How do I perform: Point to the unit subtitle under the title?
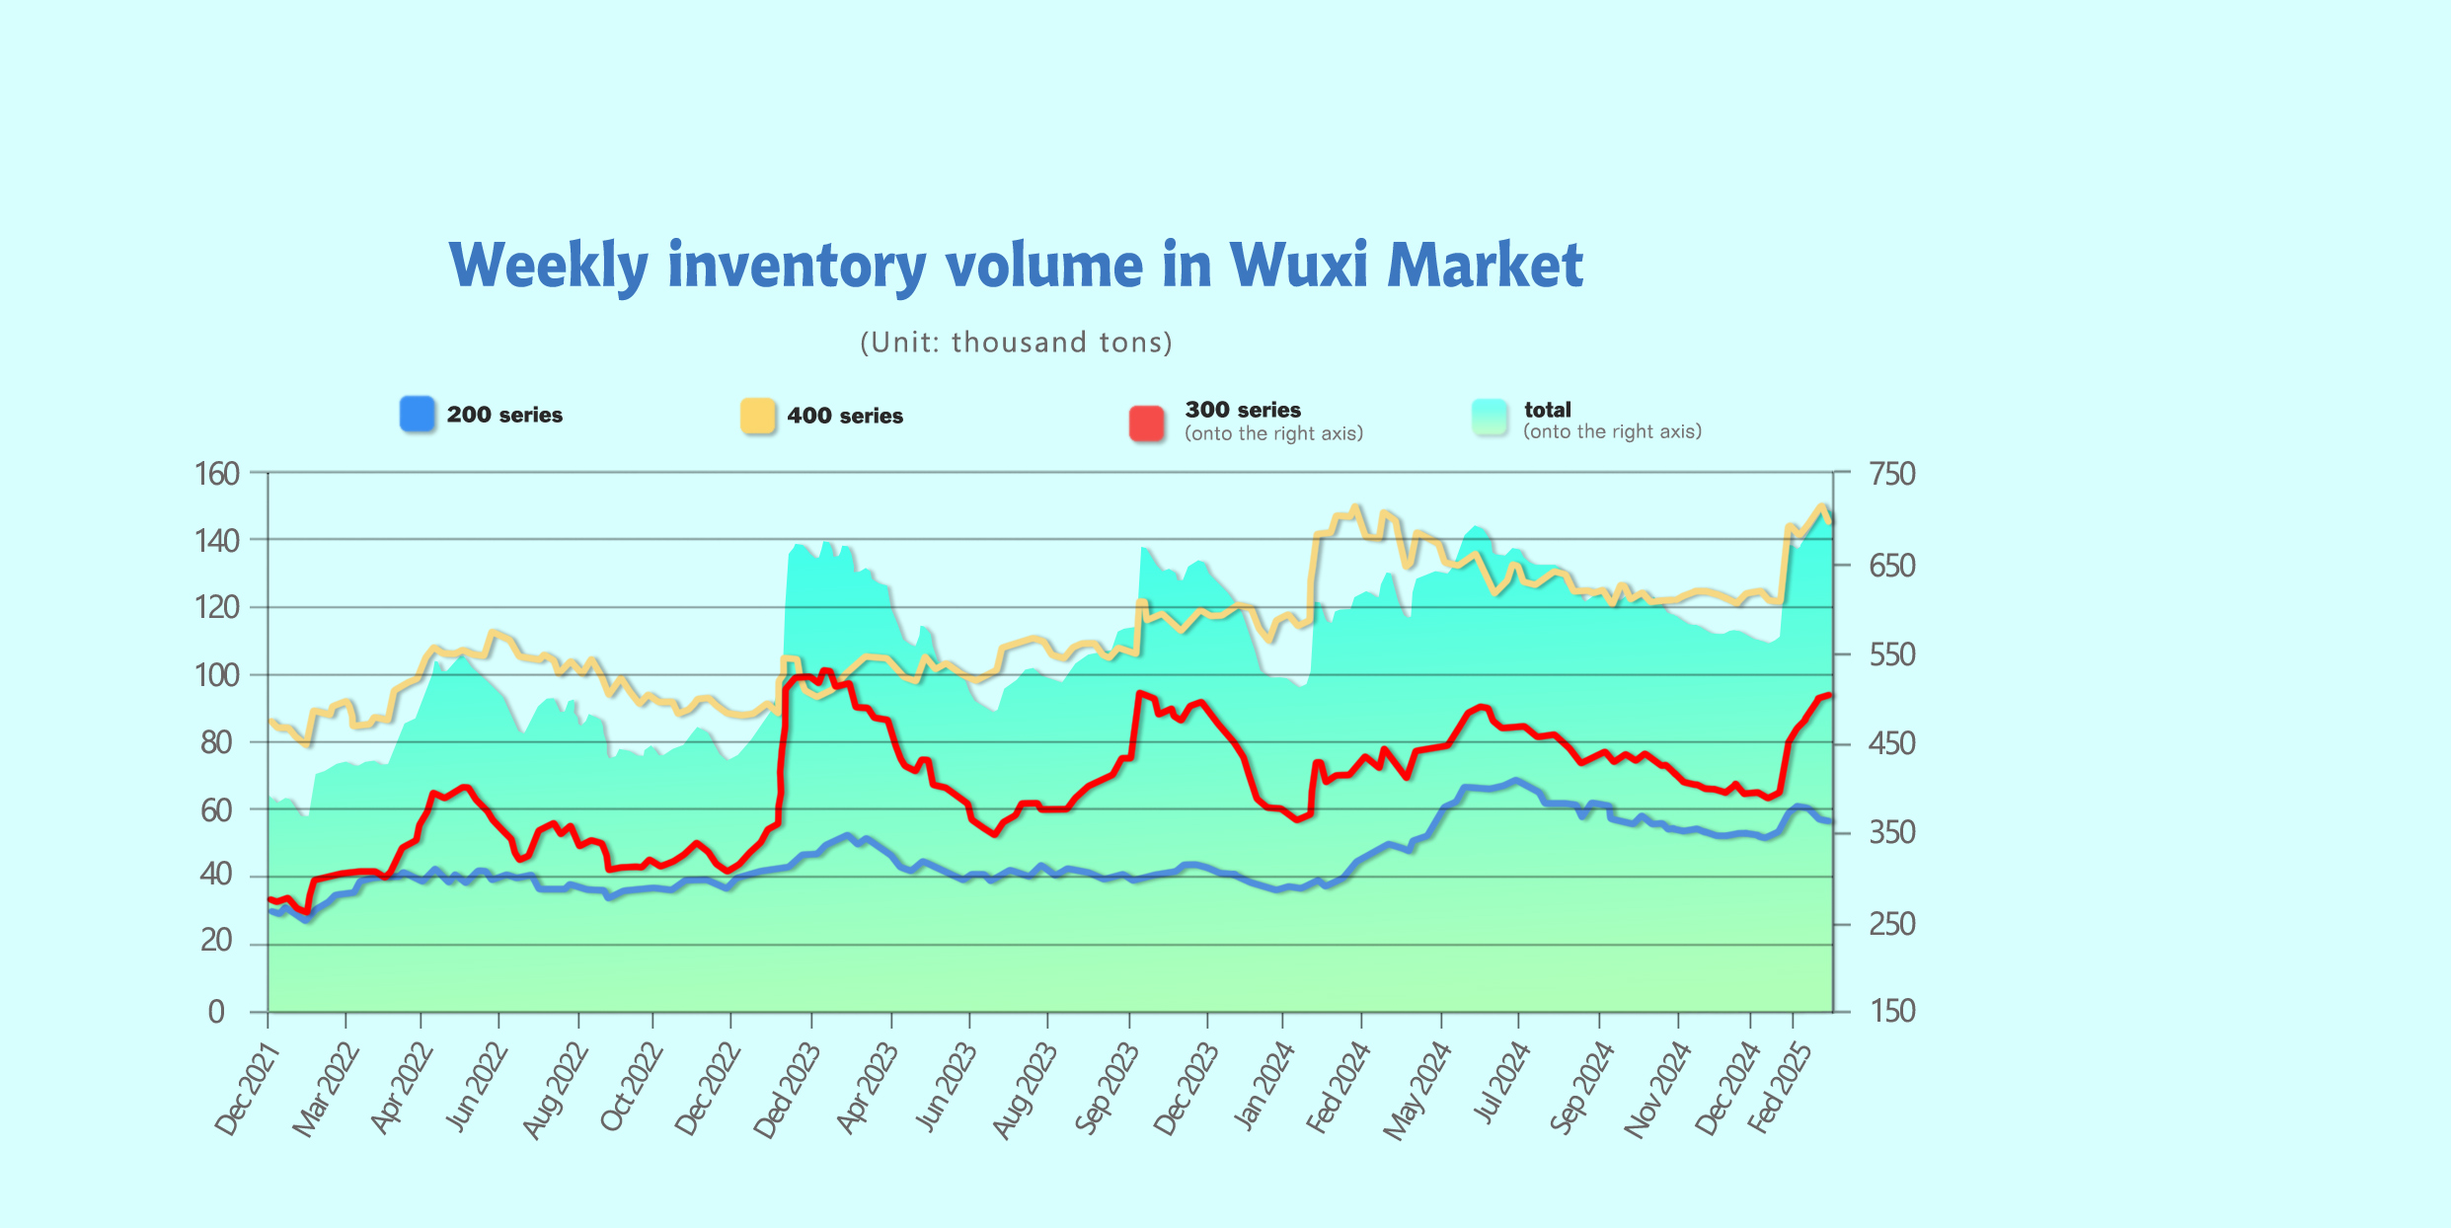tap(1016, 343)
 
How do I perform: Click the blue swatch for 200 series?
tap(417, 415)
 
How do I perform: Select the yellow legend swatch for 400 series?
tap(757, 416)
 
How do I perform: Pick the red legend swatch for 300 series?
tap(1146, 422)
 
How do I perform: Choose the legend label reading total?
tap(1547, 410)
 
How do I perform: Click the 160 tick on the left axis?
tap(217, 474)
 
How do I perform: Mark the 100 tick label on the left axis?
tap(217, 676)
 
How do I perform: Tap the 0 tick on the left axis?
tap(216, 1012)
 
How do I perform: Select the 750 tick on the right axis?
tap(1891, 474)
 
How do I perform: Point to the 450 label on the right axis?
tap(1891, 743)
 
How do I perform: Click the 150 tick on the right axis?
tap(1891, 1011)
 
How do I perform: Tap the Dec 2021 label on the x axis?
tap(247, 1091)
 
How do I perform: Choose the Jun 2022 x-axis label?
tap(477, 1088)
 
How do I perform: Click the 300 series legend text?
tap(1243, 410)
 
